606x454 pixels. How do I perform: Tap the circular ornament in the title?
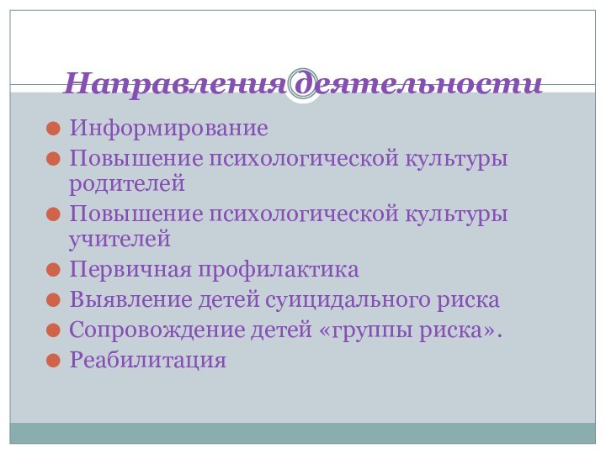point(303,83)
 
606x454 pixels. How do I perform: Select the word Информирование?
point(168,131)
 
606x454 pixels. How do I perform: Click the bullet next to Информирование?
point(53,131)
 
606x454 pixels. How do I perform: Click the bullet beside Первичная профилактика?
point(53,271)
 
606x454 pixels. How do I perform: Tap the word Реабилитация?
point(148,361)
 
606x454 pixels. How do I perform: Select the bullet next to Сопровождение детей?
point(53,331)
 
